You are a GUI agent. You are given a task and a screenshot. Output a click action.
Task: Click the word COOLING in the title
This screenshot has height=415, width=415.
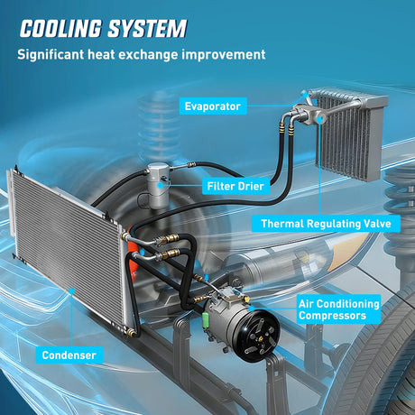60,29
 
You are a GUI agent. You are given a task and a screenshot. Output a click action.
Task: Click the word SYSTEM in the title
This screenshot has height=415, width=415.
147,29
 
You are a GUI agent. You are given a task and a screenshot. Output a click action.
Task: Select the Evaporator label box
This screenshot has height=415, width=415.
213,106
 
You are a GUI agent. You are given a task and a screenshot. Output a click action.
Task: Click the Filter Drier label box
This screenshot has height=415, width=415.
235,186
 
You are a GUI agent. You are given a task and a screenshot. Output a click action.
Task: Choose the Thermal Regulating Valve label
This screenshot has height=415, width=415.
326,224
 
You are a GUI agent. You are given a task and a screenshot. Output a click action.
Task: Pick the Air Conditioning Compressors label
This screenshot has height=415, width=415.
338,309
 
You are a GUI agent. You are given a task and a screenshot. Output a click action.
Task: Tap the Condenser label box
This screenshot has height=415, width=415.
69,355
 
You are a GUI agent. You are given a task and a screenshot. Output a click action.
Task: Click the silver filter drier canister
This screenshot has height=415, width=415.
158,185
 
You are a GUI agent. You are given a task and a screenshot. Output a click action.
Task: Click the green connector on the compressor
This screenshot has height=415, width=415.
207,318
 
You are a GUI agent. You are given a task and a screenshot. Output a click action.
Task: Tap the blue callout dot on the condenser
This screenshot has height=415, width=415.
72,290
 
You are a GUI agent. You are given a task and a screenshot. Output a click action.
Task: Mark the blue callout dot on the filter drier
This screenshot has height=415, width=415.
161,185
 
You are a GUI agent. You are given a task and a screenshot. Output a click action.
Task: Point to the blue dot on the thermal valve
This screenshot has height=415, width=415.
320,119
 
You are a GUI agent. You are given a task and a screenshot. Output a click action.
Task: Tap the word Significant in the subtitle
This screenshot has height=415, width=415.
51,56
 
